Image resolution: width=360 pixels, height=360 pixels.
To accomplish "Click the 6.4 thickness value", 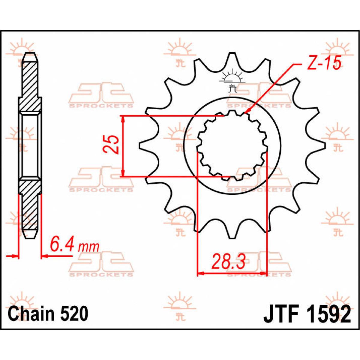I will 61,246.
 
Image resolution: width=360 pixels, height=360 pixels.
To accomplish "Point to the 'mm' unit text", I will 88,247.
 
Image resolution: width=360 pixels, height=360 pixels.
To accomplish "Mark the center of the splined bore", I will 232,146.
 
